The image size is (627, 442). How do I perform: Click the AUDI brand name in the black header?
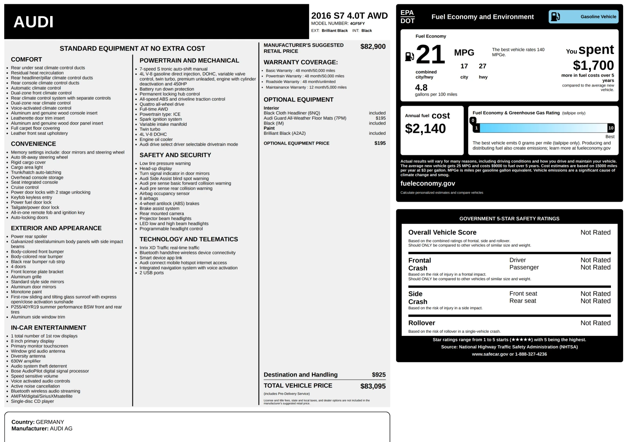33,22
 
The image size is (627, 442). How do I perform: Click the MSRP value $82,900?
373,47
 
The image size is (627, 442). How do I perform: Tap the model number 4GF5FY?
357,24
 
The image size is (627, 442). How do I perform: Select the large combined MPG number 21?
430,54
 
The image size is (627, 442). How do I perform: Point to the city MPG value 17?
464,66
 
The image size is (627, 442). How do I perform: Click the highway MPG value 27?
482,66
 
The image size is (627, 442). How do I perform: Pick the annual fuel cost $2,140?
425,129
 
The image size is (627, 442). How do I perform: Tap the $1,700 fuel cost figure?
593,65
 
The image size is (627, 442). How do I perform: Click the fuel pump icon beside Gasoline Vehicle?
555,16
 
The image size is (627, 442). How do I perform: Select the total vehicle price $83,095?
373,386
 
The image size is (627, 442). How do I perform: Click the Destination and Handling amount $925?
379,375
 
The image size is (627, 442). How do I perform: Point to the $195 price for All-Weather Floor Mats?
381,118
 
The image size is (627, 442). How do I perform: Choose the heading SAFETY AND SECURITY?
175,155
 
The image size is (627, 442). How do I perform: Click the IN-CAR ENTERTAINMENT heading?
49,328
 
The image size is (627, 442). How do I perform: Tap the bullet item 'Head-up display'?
156,168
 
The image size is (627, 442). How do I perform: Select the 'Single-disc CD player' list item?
33,401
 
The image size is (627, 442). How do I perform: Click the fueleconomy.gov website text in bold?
428,183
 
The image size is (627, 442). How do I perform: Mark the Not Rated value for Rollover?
595,323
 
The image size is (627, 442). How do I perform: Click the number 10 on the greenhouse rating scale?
611,128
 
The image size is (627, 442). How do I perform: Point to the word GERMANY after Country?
50,422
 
